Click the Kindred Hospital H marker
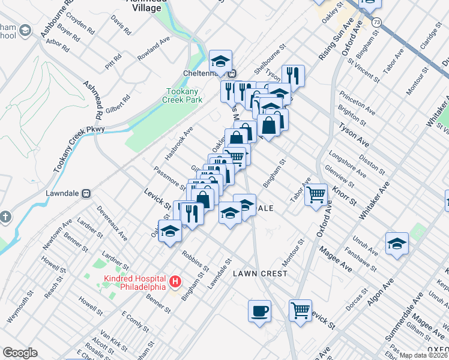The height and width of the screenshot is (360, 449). click(x=175, y=281)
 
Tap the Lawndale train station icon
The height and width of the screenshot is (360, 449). click(x=86, y=194)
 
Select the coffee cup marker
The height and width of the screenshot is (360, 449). click(x=259, y=311)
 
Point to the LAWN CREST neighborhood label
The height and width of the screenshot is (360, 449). click(x=261, y=274)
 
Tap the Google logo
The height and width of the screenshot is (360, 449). click(x=20, y=353)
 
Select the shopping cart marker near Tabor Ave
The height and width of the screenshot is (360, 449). click(x=316, y=194)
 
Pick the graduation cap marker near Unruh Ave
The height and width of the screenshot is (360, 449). click(x=397, y=244)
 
